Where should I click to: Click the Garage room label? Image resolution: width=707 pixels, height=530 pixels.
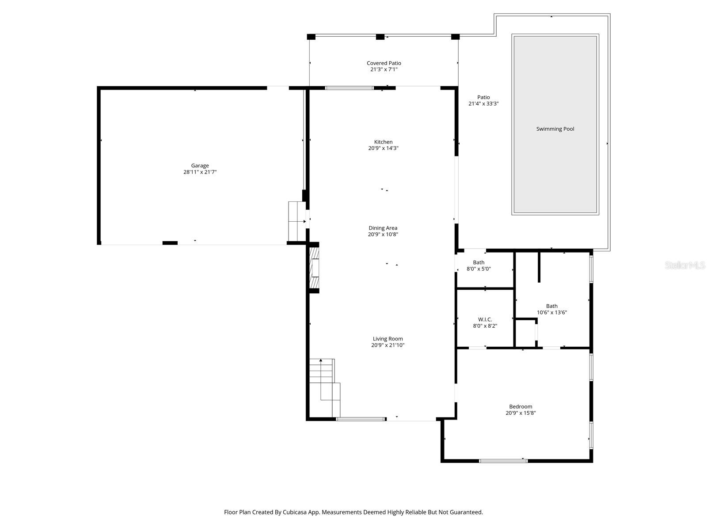(x=200, y=166)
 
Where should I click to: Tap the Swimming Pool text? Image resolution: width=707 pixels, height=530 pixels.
(x=555, y=129)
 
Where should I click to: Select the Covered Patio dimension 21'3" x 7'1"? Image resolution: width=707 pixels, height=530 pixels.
(x=384, y=69)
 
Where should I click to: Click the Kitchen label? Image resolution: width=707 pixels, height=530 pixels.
(x=383, y=142)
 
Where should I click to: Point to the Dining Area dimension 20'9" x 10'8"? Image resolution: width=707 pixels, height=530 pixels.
(x=383, y=235)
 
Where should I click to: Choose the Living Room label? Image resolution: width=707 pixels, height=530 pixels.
(x=388, y=339)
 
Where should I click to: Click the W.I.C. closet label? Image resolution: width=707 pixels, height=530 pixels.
(x=485, y=319)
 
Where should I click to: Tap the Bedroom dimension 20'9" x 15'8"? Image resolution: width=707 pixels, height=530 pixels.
(x=521, y=413)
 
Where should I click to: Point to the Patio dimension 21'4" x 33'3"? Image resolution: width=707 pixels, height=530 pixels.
(x=483, y=104)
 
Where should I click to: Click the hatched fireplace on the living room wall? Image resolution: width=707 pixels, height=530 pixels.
(x=314, y=268)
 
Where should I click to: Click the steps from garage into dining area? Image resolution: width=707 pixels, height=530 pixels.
(x=296, y=221)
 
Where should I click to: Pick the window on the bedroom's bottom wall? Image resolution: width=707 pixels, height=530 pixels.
(x=503, y=461)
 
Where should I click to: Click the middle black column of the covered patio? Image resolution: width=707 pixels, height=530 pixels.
(x=380, y=37)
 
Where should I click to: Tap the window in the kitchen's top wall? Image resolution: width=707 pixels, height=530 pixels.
(x=349, y=88)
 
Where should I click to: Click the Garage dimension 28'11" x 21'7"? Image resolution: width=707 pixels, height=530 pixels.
(x=200, y=172)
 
